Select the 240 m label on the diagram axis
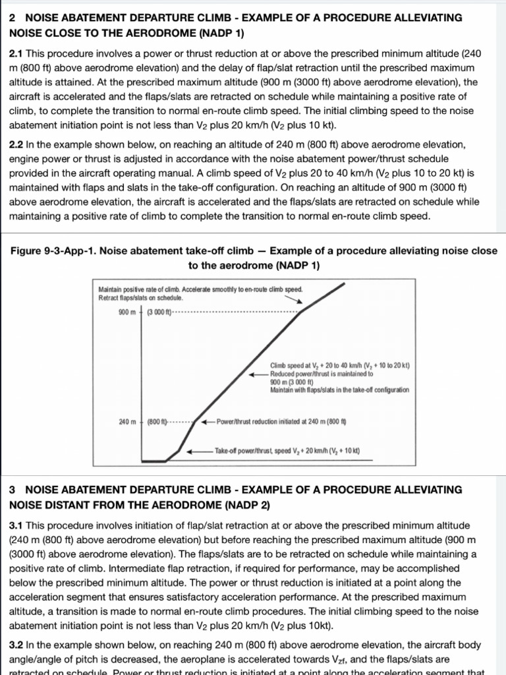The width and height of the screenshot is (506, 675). click(x=126, y=421)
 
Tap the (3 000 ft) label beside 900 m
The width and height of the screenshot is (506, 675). click(x=159, y=312)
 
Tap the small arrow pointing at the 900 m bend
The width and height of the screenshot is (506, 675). click(x=295, y=300)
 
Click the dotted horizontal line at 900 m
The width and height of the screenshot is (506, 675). click(x=237, y=312)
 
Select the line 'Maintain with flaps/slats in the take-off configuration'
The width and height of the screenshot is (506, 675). click(x=339, y=390)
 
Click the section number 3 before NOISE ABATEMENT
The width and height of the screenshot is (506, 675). click(x=13, y=490)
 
